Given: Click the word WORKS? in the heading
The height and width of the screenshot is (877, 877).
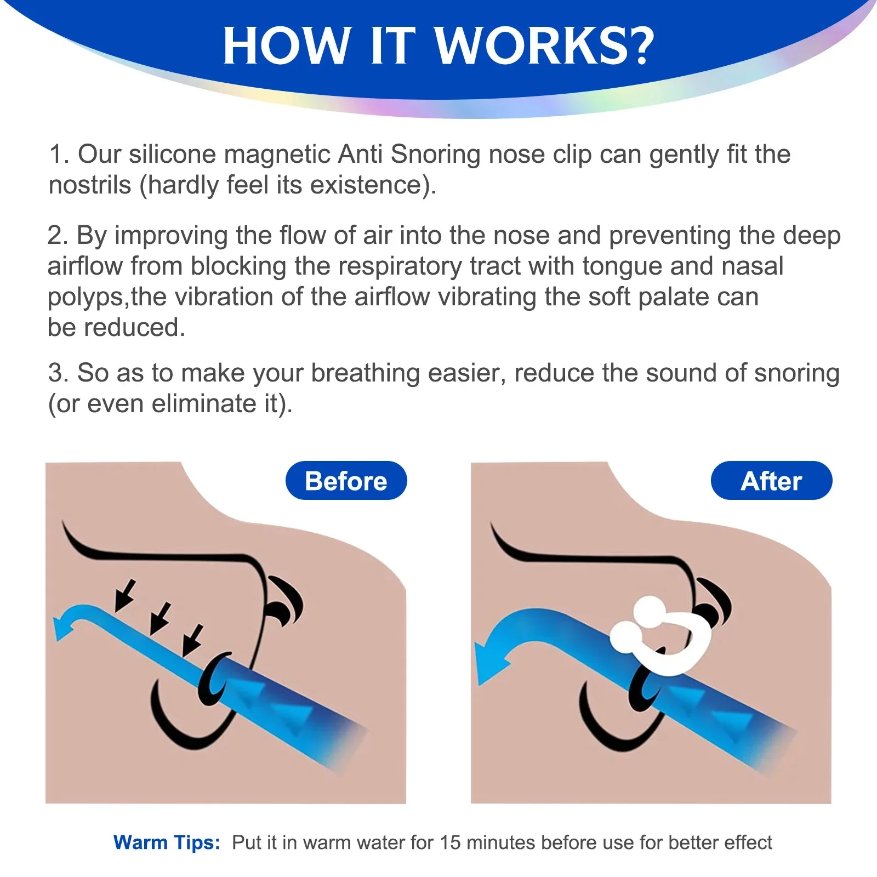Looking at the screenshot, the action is pyautogui.click(x=545, y=46).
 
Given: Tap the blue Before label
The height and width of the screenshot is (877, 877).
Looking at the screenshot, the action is pyautogui.click(x=346, y=481).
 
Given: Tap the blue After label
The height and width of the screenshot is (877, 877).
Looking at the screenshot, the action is pyautogui.click(x=771, y=481).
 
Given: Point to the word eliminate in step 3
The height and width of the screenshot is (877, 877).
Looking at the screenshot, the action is pyautogui.click(x=204, y=404).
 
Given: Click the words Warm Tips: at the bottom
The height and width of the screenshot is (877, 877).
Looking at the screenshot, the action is pyautogui.click(x=167, y=842).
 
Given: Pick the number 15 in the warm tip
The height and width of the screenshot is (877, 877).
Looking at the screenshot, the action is pyautogui.click(x=450, y=842).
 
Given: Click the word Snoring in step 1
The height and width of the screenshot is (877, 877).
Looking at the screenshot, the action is pyautogui.click(x=436, y=155).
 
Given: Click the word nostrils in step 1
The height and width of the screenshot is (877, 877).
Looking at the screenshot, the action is pyautogui.click(x=90, y=185).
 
